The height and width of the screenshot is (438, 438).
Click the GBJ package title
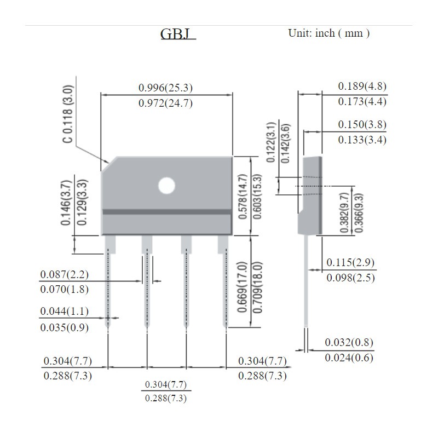click(x=177, y=34)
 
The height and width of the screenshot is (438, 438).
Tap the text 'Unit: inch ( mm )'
click(x=328, y=33)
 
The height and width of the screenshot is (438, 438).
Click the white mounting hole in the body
click(x=166, y=186)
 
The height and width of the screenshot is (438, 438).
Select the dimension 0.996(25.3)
click(x=165, y=88)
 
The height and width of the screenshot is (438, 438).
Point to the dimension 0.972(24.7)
click(x=165, y=103)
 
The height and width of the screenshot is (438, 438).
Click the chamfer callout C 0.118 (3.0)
click(x=67, y=114)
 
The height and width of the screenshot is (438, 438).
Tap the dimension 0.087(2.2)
click(x=64, y=274)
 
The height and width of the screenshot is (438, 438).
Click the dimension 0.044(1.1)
click(x=64, y=312)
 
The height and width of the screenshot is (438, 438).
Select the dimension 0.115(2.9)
click(x=350, y=262)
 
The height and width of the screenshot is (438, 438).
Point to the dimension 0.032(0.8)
click(x=349, y=343)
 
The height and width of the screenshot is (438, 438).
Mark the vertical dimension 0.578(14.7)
click(x=243, y=197)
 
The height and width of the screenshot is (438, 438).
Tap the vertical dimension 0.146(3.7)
click(x=67, y=203)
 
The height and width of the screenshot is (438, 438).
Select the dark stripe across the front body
click(x=166, y=212)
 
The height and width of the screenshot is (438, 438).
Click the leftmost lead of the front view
click(x=108, y=285)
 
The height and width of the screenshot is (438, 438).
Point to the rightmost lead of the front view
click(x=225, y=285)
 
